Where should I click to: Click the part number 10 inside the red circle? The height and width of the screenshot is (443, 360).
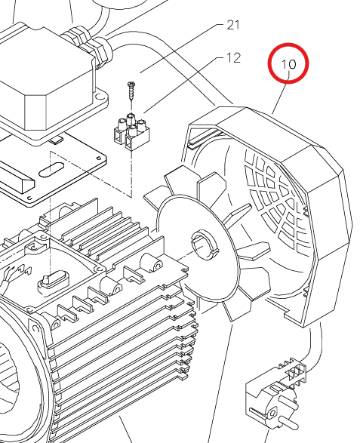pyautogui.click(x=288, y=64)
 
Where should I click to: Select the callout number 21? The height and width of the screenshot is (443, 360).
pyautogui.click(x=233, y=25)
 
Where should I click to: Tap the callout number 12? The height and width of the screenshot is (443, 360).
pyautogui.click(x=233, y=58)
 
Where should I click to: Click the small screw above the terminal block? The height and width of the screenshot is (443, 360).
pyautogui.click(x=131, y=91)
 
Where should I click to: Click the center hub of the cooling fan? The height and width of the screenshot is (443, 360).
pyautogui.click(x=205, y=245)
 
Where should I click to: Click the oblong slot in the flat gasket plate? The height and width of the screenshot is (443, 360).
pyautogui.click(x=51, y=170)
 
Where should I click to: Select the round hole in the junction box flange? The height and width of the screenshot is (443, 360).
pyautogui.click(x=99, y=97)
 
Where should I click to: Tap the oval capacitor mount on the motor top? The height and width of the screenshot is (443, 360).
pyautogui.click(x=53, y=280)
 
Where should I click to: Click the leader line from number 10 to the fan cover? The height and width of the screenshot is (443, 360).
pyautogui.click(x=280, y=93)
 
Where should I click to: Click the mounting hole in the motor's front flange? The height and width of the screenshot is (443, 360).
pyautogui.click(x=35, y=328)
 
